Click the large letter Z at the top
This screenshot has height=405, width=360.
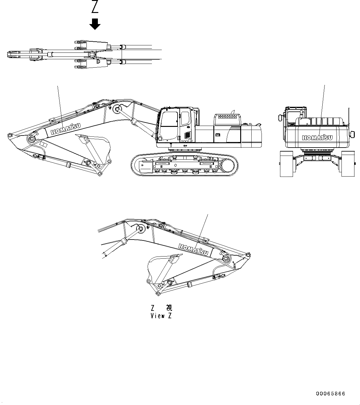pos(95,7)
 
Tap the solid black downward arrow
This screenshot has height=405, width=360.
pos(95,24)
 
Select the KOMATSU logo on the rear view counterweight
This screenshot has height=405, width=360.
pos(317,137)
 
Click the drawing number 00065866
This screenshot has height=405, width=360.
pos(330,394)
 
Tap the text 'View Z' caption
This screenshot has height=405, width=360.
pos(161,316)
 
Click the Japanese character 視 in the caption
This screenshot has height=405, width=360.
pos(169,308)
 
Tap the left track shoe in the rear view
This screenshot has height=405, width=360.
pos(286,164)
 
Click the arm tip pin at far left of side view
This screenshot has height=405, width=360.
pos(9,135)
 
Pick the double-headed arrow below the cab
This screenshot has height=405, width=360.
pos(185,146)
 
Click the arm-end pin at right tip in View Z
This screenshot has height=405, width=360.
pos(248,255)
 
